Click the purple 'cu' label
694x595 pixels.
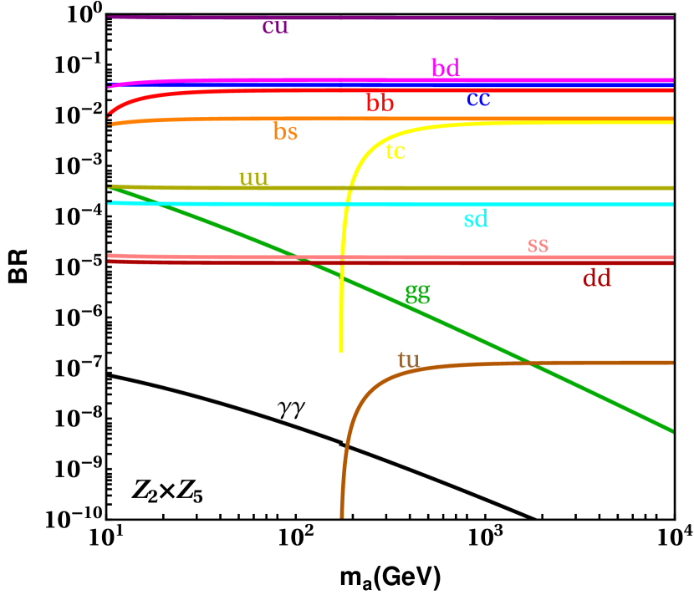click(275, 27)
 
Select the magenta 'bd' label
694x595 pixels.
click(446, 68)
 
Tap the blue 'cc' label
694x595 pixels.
click(478, 99)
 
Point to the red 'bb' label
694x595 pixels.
click(380, 104)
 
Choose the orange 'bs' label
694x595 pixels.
click(285, 132)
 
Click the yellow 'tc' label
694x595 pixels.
click(395, 151)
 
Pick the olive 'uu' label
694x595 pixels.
click(253, 178)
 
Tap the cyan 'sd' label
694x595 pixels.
click(476, 220)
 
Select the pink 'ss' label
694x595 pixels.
click(538, 245)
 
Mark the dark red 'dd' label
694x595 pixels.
click(596, 278)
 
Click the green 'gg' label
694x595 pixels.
click(417, 293)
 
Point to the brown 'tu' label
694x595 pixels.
click(408, 360)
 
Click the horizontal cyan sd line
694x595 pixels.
click(543, 205)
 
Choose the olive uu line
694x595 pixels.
click(502, 188)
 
